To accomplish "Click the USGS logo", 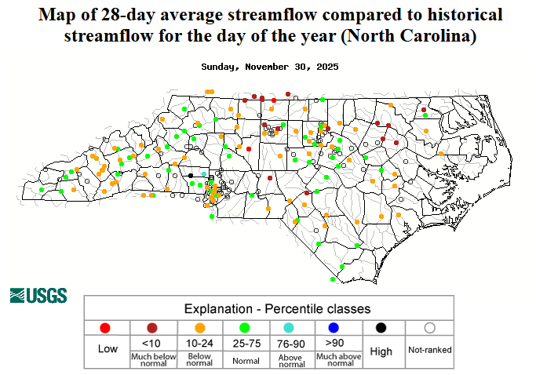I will pos(38,296).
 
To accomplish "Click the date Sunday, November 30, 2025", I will pos(269,67).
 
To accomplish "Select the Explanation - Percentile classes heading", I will pos(277,308).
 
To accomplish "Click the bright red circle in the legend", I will pos(107,328).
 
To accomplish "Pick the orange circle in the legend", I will pos(199,328).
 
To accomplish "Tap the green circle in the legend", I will pos(245,328).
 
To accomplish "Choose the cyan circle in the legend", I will pos(290,328).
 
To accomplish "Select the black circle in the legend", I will pos(381,328).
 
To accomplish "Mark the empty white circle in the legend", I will pos(429,328).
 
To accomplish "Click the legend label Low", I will pos(107,349).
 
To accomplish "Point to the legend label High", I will pos(381,351).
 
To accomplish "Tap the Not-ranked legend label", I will pos(429,349).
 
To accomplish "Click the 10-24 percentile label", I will pos(199,343).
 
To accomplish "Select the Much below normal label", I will pos(153,359).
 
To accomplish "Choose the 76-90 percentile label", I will pos(290,343).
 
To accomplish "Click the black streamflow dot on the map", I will pos(190,175).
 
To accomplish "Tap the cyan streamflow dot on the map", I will pos(204,174).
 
